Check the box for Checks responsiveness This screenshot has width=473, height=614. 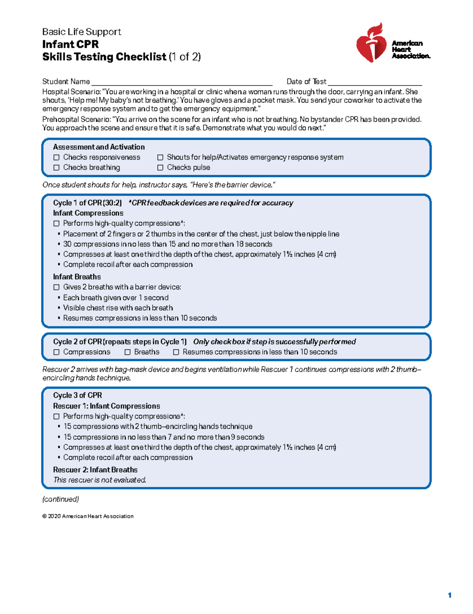click(x=56, y=157)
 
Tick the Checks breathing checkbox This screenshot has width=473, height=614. click(x=56, y=167)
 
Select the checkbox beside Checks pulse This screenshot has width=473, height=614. click(x=160, y=167)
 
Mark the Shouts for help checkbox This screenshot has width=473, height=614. click(x=160, y=157)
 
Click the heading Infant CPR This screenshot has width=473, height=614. click(x=70, y=44)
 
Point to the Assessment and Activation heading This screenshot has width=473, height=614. click(x=99, y=147)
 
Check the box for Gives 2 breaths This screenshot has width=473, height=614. click(x=56, y=287)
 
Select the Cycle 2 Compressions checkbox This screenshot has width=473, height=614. click(x=56, y=352)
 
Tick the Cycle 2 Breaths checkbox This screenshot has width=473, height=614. click(x=127, y=352)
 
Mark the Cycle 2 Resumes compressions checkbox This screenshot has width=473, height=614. click(x=176, y=352)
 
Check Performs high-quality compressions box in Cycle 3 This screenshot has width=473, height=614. click(x=56, y=417)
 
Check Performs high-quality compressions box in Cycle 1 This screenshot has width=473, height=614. click(x=56, y=223)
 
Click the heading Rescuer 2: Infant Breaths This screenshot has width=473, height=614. click(x=95, y=470)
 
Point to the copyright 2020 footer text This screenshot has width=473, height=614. click(x=88, y=516)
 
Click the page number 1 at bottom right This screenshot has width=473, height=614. click(x=449, y=595)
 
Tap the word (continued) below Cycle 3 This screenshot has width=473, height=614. click(x=60, y=499)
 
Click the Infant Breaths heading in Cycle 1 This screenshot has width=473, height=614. click(x=77, y=277)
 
